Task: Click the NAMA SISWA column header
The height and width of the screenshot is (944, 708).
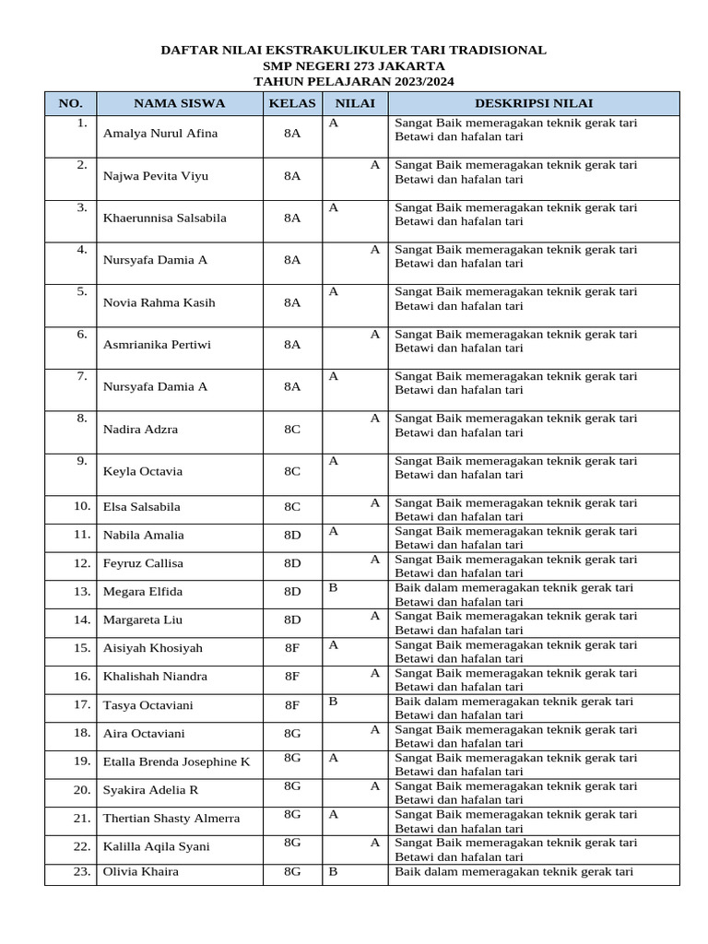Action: [x=179, y=103]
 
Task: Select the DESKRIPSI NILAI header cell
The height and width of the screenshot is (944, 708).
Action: [x=533, y=103]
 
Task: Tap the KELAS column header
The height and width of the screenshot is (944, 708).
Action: [x=292, y=103]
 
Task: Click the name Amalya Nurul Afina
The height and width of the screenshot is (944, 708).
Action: [x=160, y=133]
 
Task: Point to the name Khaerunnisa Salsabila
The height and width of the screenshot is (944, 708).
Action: [x=164, y=218]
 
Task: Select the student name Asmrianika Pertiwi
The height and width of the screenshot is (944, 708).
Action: [x=157, y=345]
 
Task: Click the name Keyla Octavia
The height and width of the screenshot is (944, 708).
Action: [x=143, y=471]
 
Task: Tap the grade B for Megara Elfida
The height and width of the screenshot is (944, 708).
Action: [x=334, y=587]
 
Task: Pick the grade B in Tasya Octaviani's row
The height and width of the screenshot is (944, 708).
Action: [x=334, y=701]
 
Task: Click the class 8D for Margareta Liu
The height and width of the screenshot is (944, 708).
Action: [x=292, y=619]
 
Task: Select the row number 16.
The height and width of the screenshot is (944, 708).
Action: [x=82, y=676]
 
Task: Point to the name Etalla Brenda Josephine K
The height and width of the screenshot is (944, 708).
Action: [x=176, y=761]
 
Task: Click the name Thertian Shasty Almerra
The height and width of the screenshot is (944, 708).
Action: [x=171, y=818]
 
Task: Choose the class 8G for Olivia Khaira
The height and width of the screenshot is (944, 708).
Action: [x=292, y=871]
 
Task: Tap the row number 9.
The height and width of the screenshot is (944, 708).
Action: [x=82, y=460]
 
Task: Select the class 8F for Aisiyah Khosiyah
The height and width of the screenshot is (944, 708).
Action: [x=292, y=648]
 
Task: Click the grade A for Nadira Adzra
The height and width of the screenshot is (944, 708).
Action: [x=375, y=418]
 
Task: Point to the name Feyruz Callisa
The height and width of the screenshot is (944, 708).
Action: [x=143, y=563]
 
